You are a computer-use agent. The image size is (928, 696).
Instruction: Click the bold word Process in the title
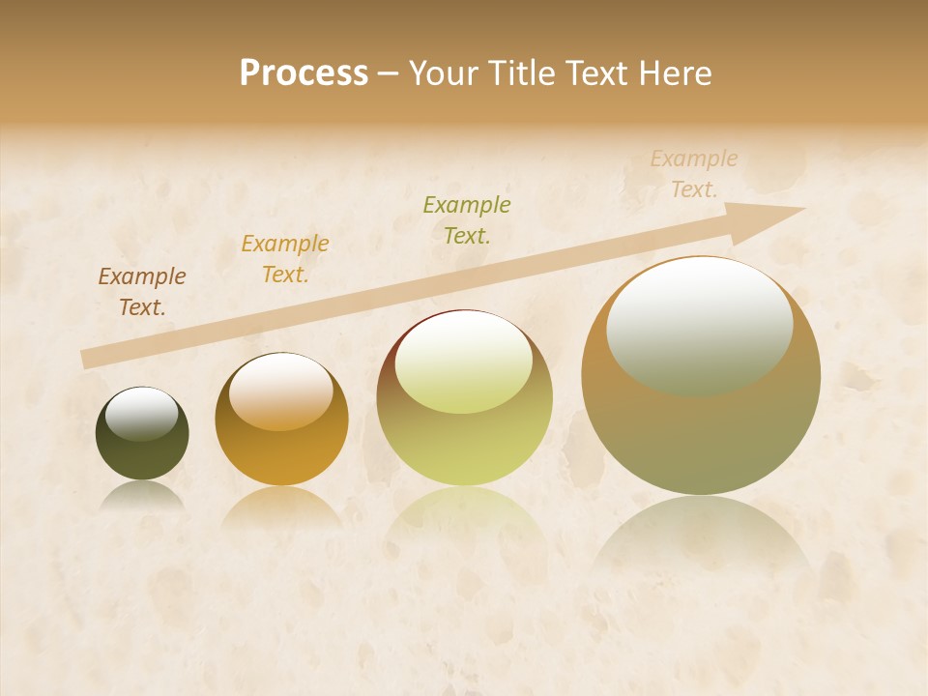[x=304, y=73]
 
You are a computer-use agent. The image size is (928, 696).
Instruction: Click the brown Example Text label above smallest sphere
[x=142, y=292]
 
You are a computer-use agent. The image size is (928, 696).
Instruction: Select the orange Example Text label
[x=285, y=259]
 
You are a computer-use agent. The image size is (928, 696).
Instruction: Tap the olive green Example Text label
[x=467, y=219]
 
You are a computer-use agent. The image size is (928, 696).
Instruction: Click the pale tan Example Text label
[x=694, y=174]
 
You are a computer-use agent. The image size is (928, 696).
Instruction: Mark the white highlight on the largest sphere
[x=700, y=324]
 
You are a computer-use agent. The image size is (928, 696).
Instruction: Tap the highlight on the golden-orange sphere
[x=281, y=391]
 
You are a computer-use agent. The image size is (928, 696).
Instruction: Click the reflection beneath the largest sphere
[x=701, y=536]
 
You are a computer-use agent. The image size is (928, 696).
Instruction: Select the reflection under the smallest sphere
[x=142, y=496]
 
